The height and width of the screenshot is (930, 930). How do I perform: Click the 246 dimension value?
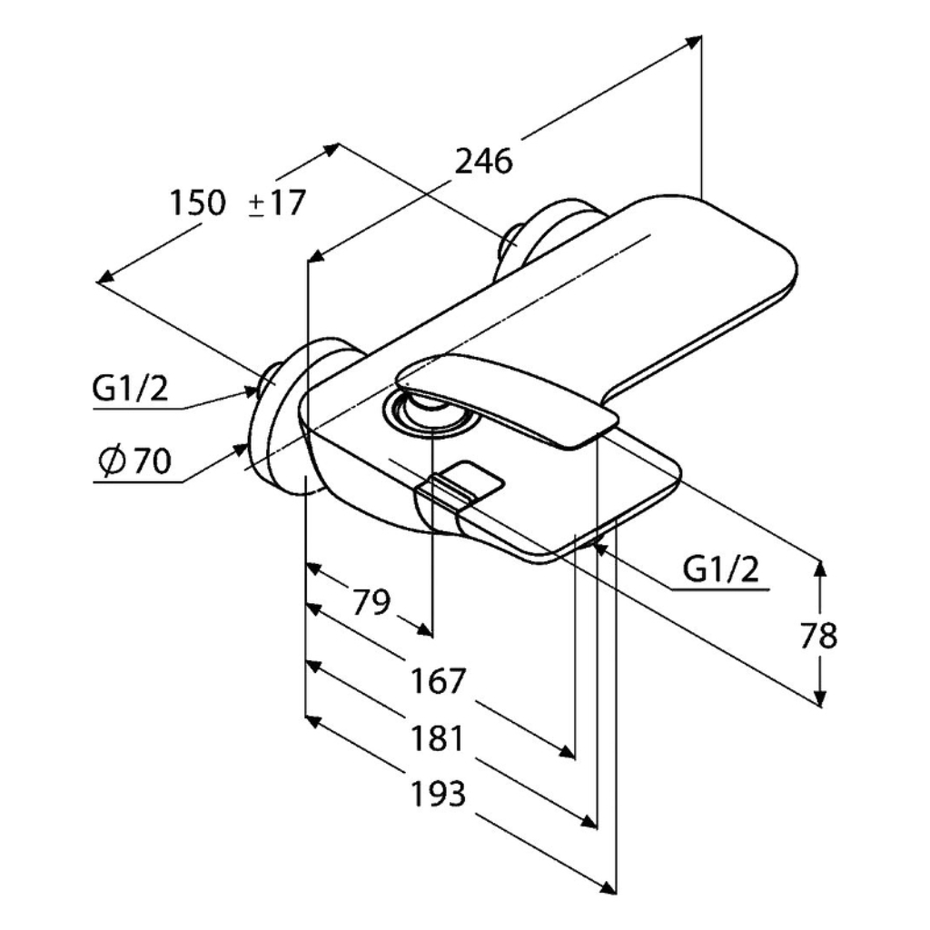pyautogui.click(x=483, y=161)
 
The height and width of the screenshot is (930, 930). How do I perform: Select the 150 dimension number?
pyautogui.click(x=198, y=203)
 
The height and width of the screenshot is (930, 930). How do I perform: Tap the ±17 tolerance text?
pyautogui.click(x=276, y=203)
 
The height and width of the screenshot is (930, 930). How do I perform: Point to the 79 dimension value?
pyautogui.click(x=371, y=603)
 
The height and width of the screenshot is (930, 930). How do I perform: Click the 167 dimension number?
pyautogui.click(x=439, y=681)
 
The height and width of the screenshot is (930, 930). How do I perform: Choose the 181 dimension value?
pyautogui.click(x=437, y=739)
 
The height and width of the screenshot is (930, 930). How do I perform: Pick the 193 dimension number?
pyautogui.click(x=439, y=794)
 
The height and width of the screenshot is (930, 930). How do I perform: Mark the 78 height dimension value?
pyautogui.click(x=818, y=635)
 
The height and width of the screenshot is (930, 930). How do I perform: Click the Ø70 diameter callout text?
pyautogui.click(x=135, y=460)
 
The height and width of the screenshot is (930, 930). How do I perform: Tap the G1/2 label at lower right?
pyautogui.click(x=720, y=570)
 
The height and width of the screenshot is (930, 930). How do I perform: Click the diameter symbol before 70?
pyautogui.click(x=112, y=460)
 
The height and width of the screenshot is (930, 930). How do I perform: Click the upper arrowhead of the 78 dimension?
pyautogui.click(x=820, y=569)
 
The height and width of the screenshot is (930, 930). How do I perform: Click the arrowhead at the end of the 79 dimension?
pyautogui.click(x=424, y=630)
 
